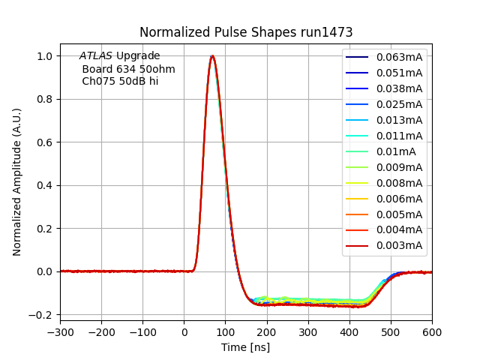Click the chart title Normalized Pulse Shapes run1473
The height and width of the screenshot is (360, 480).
tap(246, 32)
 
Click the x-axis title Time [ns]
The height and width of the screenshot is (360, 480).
tap(245, 347)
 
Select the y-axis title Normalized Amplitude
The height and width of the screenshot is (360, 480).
tap(17, 181)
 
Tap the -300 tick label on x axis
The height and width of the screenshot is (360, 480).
tap(60, 330)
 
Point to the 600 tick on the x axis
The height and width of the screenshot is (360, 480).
tap(432, 330)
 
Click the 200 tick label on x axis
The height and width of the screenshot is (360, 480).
tap(267, 330)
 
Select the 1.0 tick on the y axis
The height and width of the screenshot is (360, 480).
tap(44, 56)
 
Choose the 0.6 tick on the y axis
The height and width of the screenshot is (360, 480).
tap(44, 142)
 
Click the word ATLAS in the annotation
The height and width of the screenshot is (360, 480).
tap(96, 56)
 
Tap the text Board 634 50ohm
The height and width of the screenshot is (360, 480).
tap(128, 69)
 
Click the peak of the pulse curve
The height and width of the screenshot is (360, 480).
tap(212, 56)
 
